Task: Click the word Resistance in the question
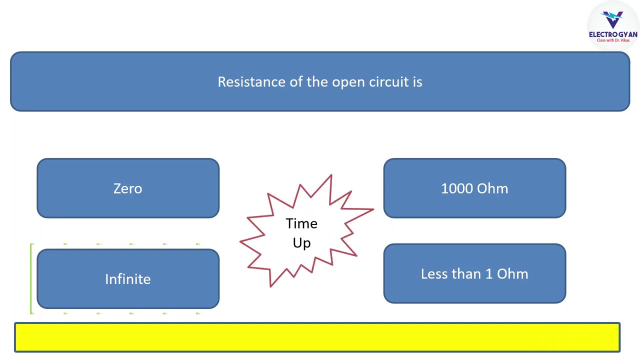tap(251, 82)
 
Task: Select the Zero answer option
tap(128, 188)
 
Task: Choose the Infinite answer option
tap(128, 279)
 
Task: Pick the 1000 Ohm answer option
tap(474, 188)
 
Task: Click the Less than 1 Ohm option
tap(474, 273)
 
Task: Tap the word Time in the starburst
tap(301, 223)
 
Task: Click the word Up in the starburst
tap(301, 243)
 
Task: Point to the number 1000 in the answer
tap(456, 188)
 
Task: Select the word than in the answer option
tap(466, 273)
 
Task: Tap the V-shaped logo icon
tap(612, 19)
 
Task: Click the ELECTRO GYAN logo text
tap(613, 34)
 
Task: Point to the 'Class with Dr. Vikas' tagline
tap(613, 40)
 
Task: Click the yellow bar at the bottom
tap(317, 337)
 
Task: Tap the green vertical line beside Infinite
tap(31, 279)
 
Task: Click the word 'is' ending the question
tap(417, 82)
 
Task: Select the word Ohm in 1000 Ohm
tap(492, 188)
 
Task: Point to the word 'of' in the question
tap(296, 82)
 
